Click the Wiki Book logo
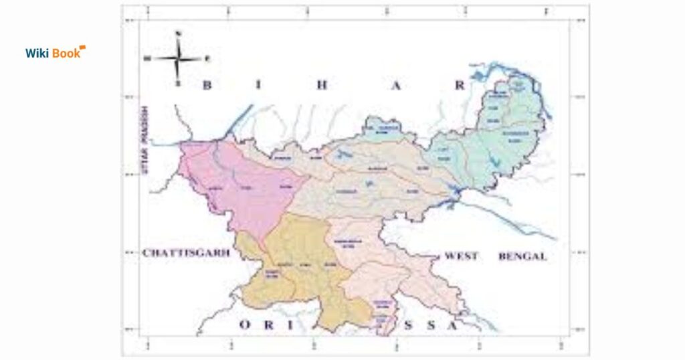(x=55, y=52)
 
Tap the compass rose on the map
(x=178, y=59)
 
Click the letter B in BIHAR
(x=207, y=85)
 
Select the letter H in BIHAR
(x=324, y=85)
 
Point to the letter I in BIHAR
(x=265, y=85)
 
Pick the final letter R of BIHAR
(x=459, y=85)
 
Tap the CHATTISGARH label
(x=186, y=253)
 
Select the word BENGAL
(x=522, y=256)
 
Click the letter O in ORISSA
(x=245, y=325)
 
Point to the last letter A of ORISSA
(x=453, y=326)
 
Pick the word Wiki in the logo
(x=39, y=53)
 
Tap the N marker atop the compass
(x=178, y=33)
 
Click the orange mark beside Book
(x=82, y=48)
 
